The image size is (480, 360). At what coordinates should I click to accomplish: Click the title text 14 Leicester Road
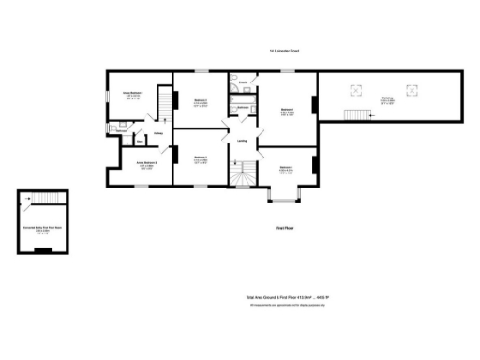click(283, 51)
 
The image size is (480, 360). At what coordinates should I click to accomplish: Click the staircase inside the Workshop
click(356, 113)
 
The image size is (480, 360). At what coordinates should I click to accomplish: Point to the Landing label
click(242, 141)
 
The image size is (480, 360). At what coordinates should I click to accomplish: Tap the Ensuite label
click(243, 83)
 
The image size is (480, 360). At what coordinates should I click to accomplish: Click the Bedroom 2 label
click(201, 101)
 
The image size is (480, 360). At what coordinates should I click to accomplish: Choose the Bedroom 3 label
click(201, 160)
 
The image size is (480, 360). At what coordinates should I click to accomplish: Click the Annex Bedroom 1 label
click(131, 95)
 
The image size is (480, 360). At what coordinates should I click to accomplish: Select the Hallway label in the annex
click(159, 133)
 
